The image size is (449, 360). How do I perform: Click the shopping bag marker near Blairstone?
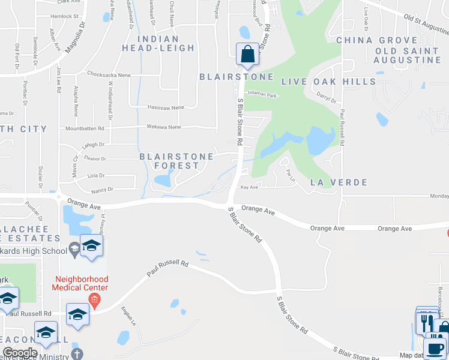(x=247, y=55)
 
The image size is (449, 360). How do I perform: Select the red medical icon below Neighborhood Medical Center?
(x=94, y=299)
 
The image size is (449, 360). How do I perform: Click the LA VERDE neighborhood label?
(x=338, y=182)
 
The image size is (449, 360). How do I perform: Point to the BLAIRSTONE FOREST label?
(x=176, y=161)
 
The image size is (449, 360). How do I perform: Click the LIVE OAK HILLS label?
(x=329, y=82)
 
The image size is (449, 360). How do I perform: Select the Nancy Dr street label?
(x=102, y=190)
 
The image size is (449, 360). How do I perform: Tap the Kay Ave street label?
(x=249, y=187)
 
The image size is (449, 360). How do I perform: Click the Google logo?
(x=20, y=353)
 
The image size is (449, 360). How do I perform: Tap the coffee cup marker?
(x=435, y=347)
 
